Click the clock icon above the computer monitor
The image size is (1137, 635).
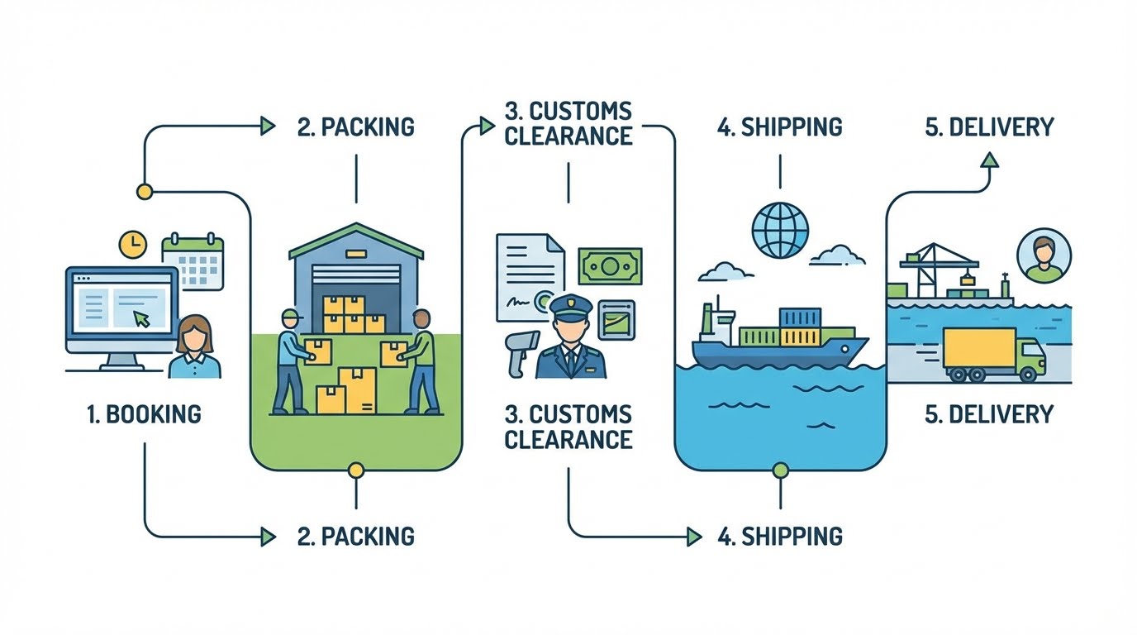coord(132,245)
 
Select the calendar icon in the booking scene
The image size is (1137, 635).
coord(193,261)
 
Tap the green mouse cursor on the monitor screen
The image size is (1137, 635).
coord(141,319)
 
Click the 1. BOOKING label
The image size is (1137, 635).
coord(144,414)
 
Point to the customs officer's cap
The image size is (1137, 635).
coord(572,306)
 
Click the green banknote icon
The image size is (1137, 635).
coord(610,266)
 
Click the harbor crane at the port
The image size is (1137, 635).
coord(938,270)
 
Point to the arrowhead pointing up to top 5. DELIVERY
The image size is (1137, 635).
coord(990,160)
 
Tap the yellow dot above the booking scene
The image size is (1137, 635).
coord(145,192)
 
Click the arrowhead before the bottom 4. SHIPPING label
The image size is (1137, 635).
coord(694,537)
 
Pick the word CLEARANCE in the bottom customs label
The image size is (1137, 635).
coord(568,440)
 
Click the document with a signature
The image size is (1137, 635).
coord(530,277)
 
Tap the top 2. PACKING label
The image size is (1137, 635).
coord(356,127)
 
